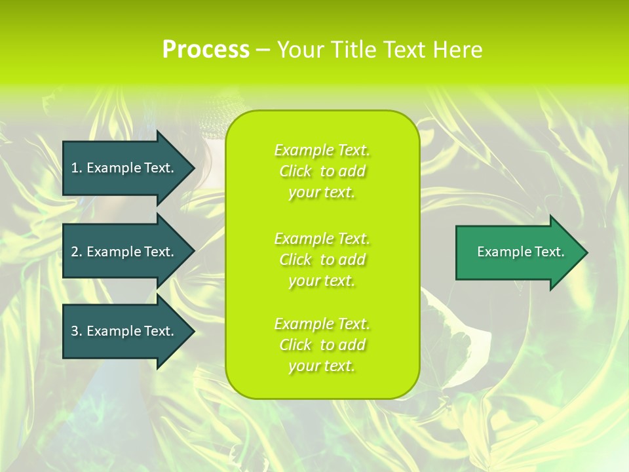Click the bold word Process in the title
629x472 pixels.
click(206, 50)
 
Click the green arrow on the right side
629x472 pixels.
click(518, 252)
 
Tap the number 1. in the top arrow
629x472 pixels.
click(76, 168)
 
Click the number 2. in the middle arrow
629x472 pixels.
click(76, 252)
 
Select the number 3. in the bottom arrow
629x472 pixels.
click(76, 331)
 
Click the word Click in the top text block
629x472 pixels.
click(295, 171)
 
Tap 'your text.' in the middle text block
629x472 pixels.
click(322, 281)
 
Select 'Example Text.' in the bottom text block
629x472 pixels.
click(322, 324)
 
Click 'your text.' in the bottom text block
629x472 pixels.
click(322, 366)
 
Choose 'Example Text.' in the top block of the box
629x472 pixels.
click(322, 150)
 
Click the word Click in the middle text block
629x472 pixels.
click(295, 260)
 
